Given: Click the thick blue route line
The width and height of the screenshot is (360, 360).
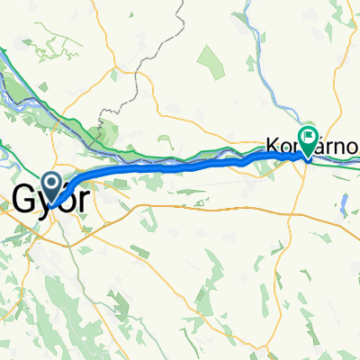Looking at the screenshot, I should coord(180,166).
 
